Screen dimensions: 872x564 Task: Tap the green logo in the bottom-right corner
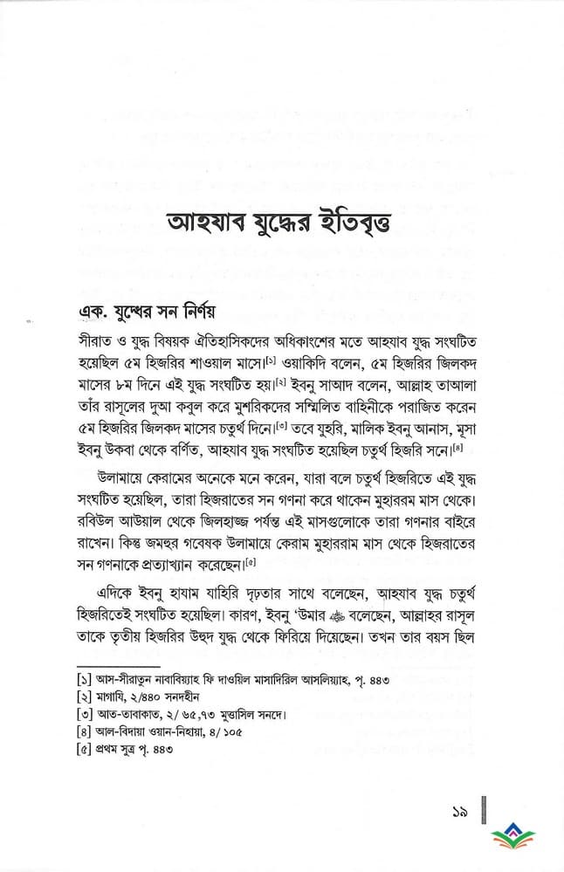coord(519,840)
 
